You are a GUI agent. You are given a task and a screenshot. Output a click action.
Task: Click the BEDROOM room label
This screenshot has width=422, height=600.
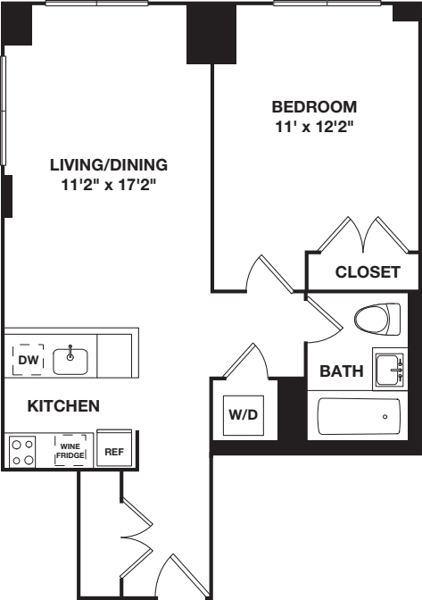[x=314, y=106]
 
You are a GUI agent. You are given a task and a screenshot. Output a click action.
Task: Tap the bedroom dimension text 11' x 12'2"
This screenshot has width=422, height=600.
[x=314, y=127]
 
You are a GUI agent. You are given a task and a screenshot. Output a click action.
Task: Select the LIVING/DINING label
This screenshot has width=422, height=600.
[x=109, y=165]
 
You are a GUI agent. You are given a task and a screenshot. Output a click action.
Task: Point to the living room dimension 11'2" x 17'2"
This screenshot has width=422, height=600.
[x=109, y=186]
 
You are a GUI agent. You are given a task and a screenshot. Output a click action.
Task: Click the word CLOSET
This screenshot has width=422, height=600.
[x=368, y=272]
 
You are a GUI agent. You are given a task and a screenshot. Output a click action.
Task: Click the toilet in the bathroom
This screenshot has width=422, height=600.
[x=379, y=319]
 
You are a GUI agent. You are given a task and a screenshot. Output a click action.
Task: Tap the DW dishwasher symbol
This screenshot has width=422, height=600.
[x=26, y=359]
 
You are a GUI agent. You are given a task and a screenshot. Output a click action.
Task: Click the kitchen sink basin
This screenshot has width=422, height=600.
[x=70, y=361]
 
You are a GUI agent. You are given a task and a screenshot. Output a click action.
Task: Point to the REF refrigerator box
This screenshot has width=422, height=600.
[x=113, y=452]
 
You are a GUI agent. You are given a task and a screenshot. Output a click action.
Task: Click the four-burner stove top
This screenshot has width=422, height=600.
[x=22, y=450]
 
